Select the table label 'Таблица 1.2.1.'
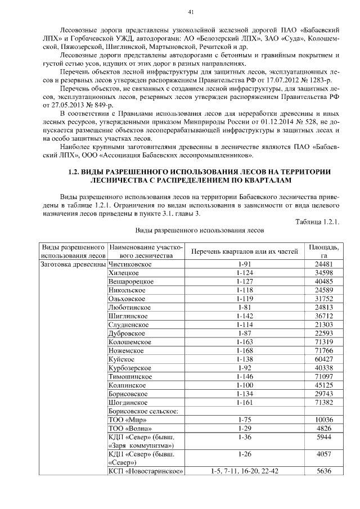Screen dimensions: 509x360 317,222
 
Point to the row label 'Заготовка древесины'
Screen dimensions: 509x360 71,263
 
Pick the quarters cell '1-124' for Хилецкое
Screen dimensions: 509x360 244,272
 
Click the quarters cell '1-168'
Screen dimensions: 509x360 244,350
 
